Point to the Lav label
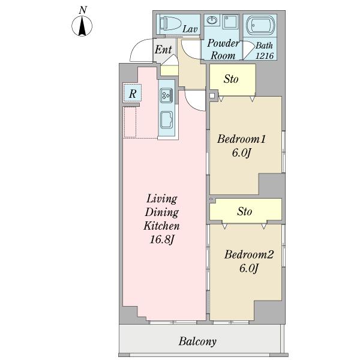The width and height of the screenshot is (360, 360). (x=190, y=29)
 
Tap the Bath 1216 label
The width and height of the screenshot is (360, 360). (x=264, y=50)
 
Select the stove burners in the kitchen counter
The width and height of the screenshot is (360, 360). (x=167, y=94)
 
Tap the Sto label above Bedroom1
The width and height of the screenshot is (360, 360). (x=232, y=79)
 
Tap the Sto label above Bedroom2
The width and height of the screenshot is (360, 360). (x=244, y=211)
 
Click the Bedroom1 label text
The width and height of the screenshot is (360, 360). (x=241, y=139)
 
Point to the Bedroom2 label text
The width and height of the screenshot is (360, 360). (x=249, y=255)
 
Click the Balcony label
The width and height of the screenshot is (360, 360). (x=197, y=342)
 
